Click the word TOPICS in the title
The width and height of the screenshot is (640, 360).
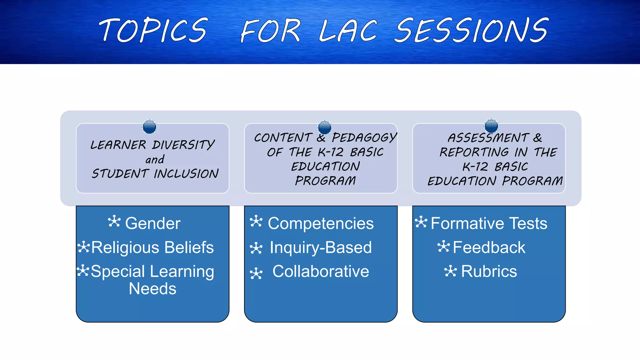pyautogui.click(x=153, y=30)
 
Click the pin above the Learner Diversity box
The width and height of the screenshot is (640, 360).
pyautogui.click(x=149, y=127)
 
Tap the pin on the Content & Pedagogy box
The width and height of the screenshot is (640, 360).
pyautogui.click(x=324, y=127)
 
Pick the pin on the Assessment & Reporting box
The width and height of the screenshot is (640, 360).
pyautogui.click(x=491, y=126)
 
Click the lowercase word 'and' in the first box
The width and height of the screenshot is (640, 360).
pyautogui.click(x=155, y=160)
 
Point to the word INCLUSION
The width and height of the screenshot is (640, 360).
pyautogui.click(x=186, y=174)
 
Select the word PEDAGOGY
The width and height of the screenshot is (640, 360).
pyautogui.click(x=364, y=137)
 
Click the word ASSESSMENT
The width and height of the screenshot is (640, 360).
pyautogui.click(x=488, y=138)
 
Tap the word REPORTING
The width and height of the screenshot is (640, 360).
pyautogui.click(x=474, y=152)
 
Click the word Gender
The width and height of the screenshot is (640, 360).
pyautogui.click(x=152, y=223)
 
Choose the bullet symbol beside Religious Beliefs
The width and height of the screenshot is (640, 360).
pyautogui.click(x=83, y=247)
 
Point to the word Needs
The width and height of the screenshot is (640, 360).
pyautogui.click(x=152, y=289)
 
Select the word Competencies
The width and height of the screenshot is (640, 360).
pyautogui.click(x=321, y=223)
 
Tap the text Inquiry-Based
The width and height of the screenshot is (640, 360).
pyautogui.click(x=321, y=247)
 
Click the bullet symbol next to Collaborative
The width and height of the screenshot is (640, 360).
pyautogui.click(x=256, y=273)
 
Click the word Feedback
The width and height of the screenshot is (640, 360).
pyautogui.click(x=489, y=247)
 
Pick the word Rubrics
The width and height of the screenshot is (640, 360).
pyautogui.click(x=489, y=271)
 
